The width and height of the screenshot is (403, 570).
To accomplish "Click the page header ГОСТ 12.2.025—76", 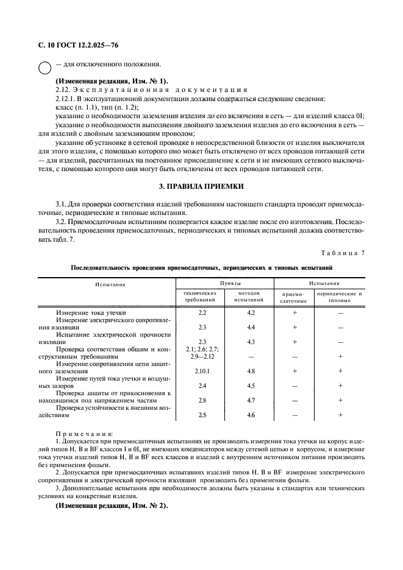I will click(76, 46).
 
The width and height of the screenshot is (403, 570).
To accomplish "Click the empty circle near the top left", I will click(45, 69).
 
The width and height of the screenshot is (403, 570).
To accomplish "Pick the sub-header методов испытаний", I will click(249, 297).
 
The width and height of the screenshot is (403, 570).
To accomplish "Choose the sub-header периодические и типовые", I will click(340, 297).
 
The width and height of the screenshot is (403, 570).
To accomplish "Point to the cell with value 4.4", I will click(251, 327).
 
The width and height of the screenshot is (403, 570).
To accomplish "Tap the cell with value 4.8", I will click(251, 370).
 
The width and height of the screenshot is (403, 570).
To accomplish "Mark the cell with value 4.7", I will click(251, 400).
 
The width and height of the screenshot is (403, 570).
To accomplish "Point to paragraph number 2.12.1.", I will click(65, 99).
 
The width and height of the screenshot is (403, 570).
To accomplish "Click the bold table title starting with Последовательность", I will click(201, 267).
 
